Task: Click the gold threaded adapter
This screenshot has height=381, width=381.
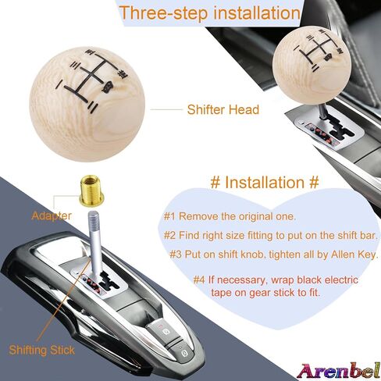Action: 91,191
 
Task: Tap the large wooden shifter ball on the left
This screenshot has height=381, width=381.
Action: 87,104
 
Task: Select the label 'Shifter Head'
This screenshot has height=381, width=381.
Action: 223,109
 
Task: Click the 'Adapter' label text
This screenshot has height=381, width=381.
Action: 52,215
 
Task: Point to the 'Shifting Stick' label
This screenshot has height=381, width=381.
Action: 41,350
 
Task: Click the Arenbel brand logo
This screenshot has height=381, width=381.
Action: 338,371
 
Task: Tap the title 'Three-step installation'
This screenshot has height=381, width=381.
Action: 210,12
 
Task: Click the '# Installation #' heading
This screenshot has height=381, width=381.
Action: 265,182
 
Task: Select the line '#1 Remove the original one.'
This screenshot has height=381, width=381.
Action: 230,216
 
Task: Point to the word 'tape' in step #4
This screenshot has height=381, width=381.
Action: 221,293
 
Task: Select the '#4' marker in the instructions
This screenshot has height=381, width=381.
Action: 199,280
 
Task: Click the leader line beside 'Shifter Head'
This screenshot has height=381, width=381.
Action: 166,109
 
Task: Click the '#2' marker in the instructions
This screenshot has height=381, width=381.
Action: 169,236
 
